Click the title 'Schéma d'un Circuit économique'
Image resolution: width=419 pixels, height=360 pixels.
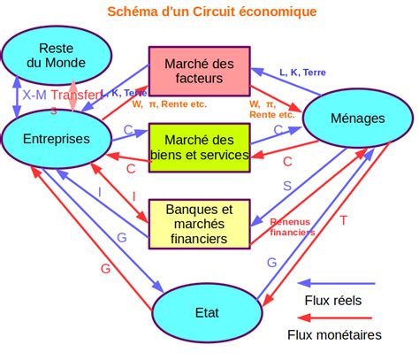point(211,11)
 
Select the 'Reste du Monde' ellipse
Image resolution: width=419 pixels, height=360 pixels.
point(57,56)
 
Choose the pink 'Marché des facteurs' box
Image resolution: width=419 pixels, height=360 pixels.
point(199,70)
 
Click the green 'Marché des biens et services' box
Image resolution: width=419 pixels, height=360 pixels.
point(204,147)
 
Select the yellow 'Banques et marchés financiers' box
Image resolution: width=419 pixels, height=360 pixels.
point(199,223)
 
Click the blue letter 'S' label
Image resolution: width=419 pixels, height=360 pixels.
point(286,186)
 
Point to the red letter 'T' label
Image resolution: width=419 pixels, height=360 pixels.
point(343,219)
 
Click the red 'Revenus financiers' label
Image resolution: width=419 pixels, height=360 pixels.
point(292,227)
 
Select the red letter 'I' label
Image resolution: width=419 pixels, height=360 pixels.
point(133,195)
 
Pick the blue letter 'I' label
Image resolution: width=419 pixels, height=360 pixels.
point(100,190)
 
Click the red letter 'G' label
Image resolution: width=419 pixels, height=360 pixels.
point(105,268)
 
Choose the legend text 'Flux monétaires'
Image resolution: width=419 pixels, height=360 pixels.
point(334,335)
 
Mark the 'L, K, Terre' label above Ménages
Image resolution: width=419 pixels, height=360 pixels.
point(301,73)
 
